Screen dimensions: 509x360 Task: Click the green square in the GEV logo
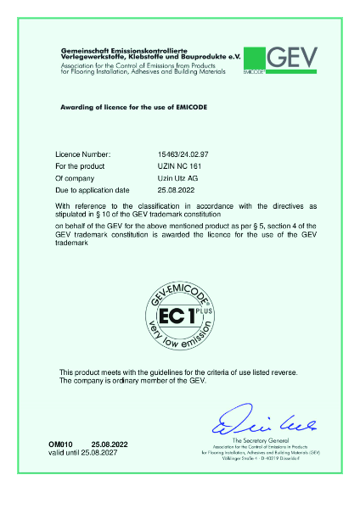pos(253,56)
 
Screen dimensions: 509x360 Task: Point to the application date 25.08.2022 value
pos(157,191)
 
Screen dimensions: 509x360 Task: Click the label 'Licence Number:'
pos(82,155)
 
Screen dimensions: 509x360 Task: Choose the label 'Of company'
pos(74,179)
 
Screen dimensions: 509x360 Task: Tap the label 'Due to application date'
pos(92,191)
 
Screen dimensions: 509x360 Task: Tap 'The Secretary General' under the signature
pos(255,441)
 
